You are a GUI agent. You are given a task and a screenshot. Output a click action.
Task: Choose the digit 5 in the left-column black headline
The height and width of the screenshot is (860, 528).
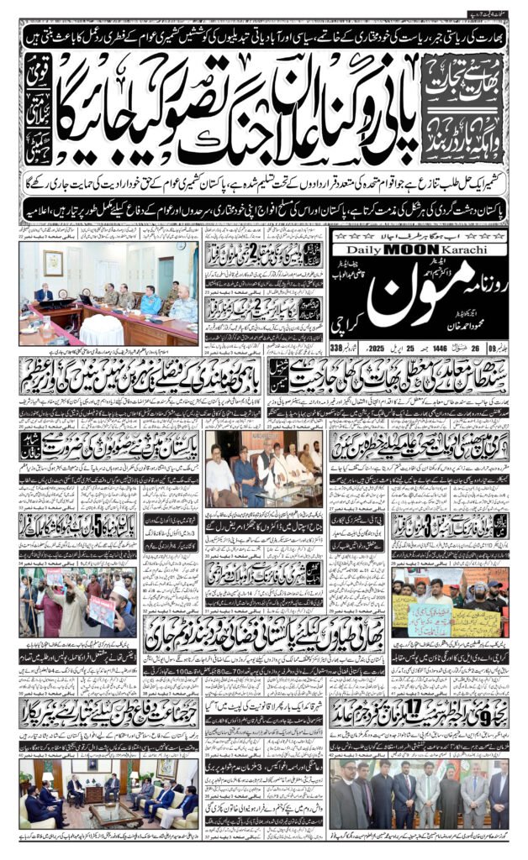(x=82, y=528)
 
